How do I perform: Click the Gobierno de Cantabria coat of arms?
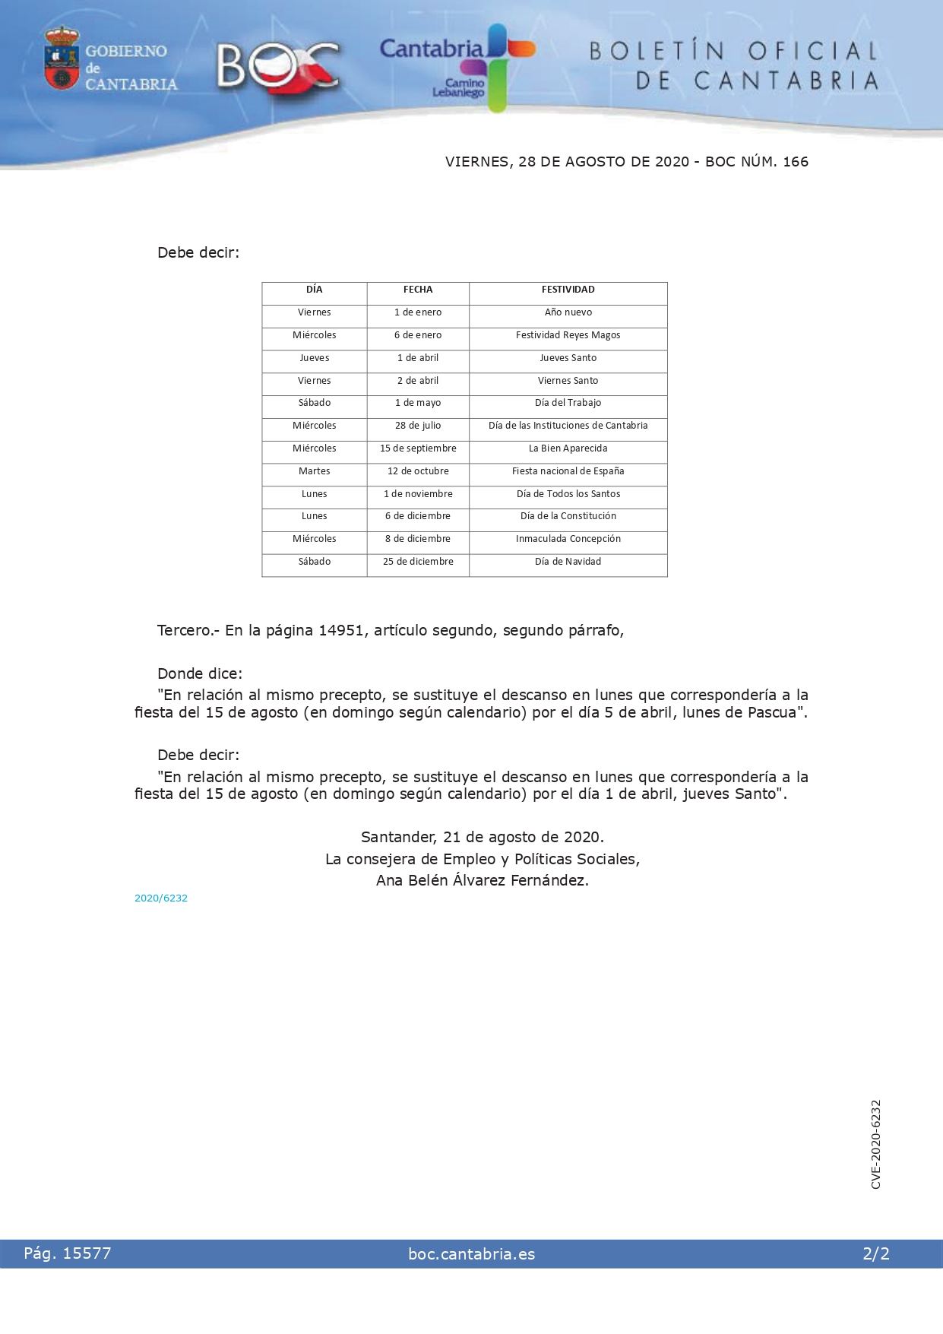coord(62,59)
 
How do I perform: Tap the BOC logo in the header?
coord(277,66)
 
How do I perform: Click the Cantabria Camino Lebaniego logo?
coord(457,67)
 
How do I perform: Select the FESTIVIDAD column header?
coord(568,290)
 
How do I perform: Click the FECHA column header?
coord(418,290)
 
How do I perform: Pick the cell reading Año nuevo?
coord(568,312)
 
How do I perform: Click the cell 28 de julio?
coord(418,426)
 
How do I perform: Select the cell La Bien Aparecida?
coord(568,448)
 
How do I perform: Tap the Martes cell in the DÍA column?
coord(314,471)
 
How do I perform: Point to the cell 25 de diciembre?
coord(418,562)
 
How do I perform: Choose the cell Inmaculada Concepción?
coord(568,539)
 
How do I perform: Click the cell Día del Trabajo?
coord(568,403)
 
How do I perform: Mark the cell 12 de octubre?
coord(418,471)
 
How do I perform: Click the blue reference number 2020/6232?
coord(161,898)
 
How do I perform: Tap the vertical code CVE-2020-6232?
coord(876,1144)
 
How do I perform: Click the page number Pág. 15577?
coord(68,1253)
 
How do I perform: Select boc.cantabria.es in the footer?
coord(471,1254)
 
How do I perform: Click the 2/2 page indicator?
coord(875,1254)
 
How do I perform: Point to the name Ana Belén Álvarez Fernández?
coord(482,880)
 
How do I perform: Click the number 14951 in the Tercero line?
coord(340,630)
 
